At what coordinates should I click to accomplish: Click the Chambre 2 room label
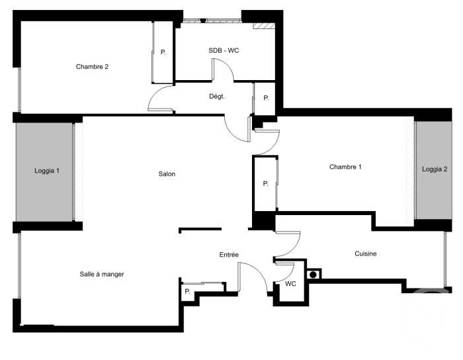click(x=92, y=67)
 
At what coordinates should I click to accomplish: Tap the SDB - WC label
click(x=224, y=50)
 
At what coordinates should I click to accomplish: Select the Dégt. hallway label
click(x=217, y=97)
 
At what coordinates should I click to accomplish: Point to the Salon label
click(x=167, y=174)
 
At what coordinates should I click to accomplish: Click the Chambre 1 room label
click(x=345, y=167)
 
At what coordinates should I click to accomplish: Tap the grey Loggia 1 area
click(x=44, y=172)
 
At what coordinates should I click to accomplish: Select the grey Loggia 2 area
click(x=434, y=170)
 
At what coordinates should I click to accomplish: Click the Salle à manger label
click(x=102, y=274)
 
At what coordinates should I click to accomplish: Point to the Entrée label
click(x=229, y=255)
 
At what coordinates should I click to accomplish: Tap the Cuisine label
click(x=366, y=253)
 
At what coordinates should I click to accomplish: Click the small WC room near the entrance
click(x=290, y=284)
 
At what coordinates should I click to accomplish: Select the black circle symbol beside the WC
click(x=314, y=275)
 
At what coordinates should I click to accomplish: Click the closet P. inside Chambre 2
click(x=163, y=52)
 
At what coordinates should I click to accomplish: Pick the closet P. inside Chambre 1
click(x=265, y=184)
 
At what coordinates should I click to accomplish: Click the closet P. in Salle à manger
click(x=187, y=292)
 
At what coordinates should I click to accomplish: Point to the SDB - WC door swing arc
click(x=227, y=65)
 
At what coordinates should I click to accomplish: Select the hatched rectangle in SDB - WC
click(x=265, y=26)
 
